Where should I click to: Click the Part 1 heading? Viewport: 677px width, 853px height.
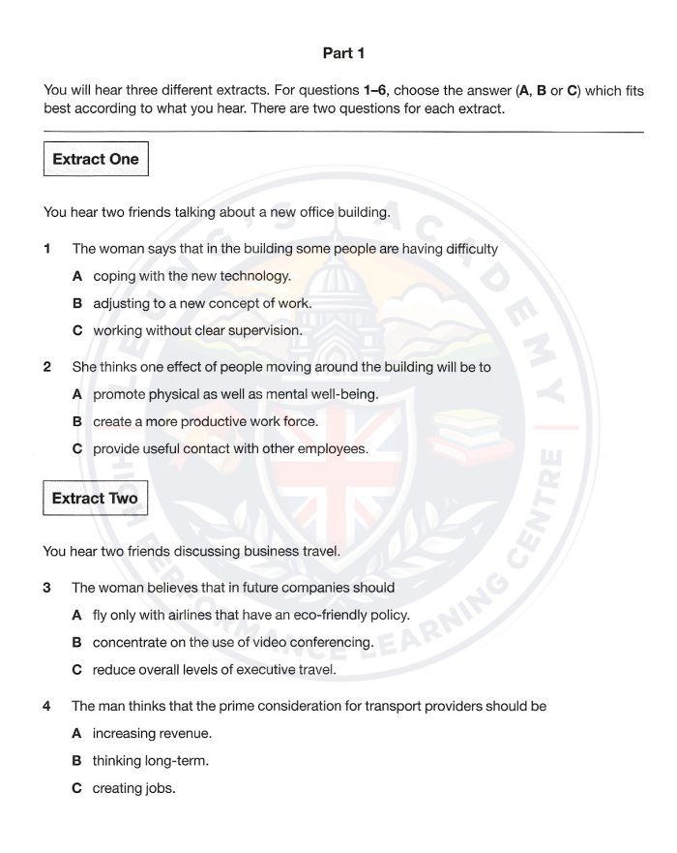tap(343, 53)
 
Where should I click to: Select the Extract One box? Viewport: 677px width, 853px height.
tap(96, 159)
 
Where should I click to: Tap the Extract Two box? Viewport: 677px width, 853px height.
tap(95, 499)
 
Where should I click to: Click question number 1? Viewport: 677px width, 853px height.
tap(46, 249)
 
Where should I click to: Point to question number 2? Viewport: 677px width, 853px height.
tap(46, 367)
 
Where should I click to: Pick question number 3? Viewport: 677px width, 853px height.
tap(46, 588)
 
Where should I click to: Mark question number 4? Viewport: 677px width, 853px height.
tap(46, 706)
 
